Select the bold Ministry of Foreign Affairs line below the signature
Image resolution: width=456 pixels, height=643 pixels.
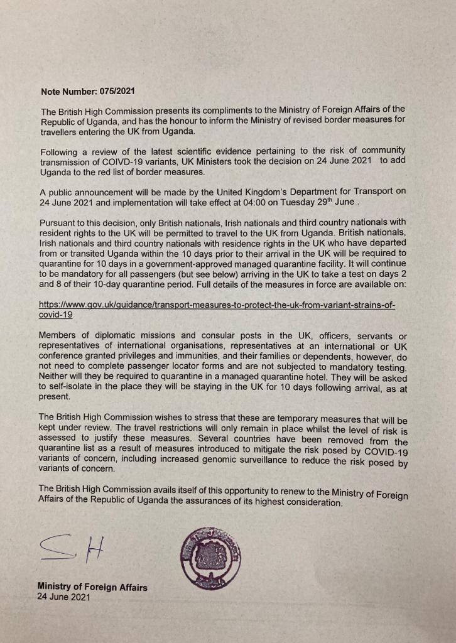[x=92, y=587]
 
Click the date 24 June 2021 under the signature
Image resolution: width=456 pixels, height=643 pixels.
[x=63, y=598]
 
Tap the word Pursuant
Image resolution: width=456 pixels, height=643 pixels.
[x=59, y=223]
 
